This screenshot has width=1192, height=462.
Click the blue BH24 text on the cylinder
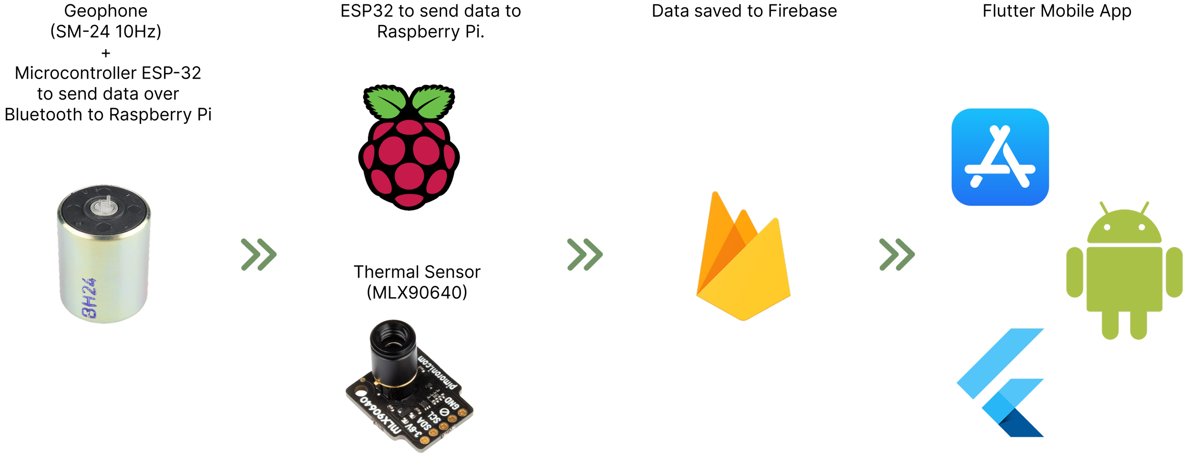pos(90,299)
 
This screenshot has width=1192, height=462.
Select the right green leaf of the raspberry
pos(433,102)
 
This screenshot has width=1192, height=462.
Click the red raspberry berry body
pos(409,162)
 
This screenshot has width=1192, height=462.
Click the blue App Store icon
pos(1000,157)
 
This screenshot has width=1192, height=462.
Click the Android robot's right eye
pos(1142,227)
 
